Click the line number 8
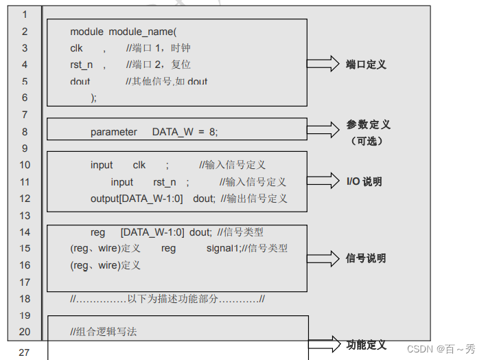(x=25, y=132)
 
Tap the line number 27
(x=25, y=352)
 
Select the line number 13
(x=25, y=216)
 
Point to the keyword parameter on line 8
(x=113, y=132)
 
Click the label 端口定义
(x=366, y=65)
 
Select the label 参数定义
(x=368, y=125)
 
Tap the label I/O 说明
(x=364, y=182)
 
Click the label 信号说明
(x=366, y=258)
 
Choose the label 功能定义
(x=366, y=345)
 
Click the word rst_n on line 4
(x=81, y=65)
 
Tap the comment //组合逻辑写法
(x=104, y=332)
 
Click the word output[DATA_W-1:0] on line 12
(x=137, y=199)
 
